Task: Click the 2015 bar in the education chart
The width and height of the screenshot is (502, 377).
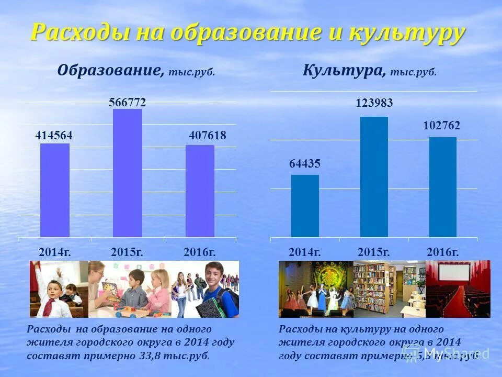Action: [128, 173]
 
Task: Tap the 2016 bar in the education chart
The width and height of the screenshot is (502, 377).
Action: [200, 191]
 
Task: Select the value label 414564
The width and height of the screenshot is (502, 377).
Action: [54, 136]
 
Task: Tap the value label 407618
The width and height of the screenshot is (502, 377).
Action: [208, 136]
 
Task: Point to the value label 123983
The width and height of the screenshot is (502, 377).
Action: [374, 104]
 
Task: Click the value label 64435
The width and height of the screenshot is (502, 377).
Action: [305, 164]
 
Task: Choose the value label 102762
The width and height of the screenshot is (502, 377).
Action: [442, 126]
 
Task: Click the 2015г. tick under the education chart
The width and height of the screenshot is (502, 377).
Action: [127, 252]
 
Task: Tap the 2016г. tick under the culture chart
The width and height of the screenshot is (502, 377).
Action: [442, 252]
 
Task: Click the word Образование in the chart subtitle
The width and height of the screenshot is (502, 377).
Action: [108, 70]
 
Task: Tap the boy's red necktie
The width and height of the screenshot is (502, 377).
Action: [48, 306]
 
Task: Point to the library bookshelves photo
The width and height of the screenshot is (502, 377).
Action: [390, 289]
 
